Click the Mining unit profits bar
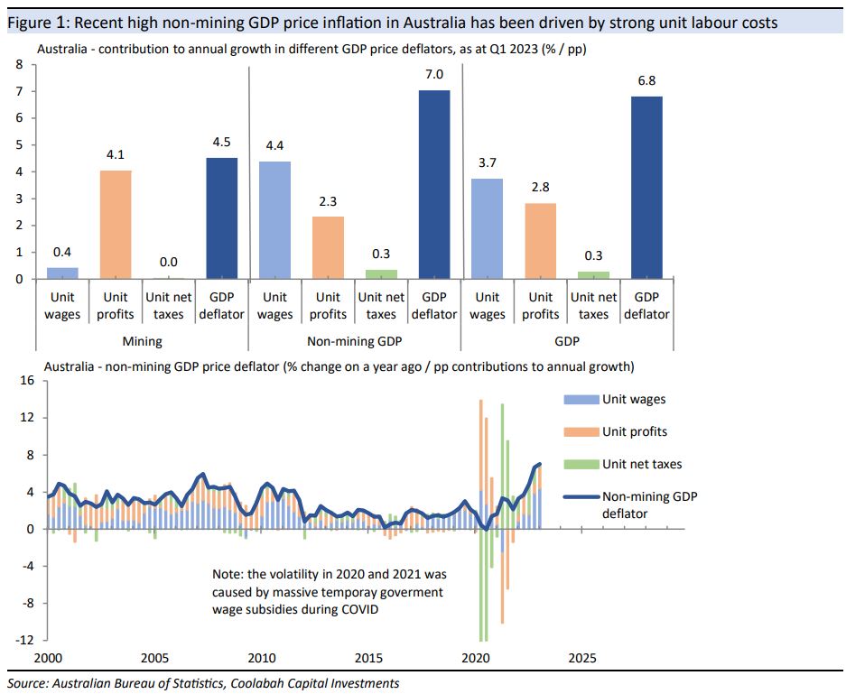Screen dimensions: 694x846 click(116, 224)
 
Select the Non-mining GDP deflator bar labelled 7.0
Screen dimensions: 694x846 click(433, 184)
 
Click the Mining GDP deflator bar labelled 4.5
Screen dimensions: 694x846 click(221, 217)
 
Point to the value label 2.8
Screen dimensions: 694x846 click(540, 187)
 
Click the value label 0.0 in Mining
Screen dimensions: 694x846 click(168, 262)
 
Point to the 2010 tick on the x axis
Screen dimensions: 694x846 click(261, 658)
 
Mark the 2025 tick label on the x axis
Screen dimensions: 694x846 click(581, 658)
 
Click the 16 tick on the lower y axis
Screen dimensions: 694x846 click(26, 381)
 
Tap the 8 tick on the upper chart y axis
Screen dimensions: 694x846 click(19, 65)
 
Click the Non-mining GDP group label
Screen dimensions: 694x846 click(354, 342)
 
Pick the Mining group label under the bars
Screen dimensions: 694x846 click(142, 342)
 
